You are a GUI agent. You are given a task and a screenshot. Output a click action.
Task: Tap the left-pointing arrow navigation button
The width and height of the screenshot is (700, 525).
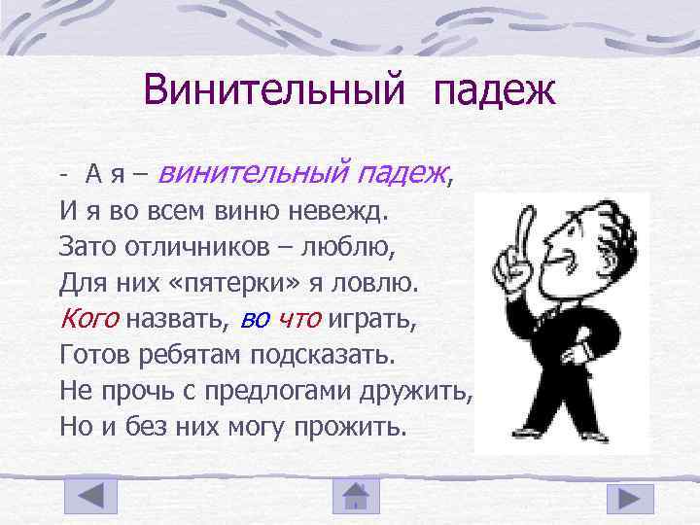click(x=90, y=498)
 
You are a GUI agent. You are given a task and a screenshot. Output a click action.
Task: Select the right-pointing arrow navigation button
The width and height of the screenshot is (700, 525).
click(x=630, y=498)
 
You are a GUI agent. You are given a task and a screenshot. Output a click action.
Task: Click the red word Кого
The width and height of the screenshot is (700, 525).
click(x=89, y=317)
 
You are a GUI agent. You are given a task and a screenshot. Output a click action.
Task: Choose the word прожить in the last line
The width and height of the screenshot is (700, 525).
click(x=354, y=426)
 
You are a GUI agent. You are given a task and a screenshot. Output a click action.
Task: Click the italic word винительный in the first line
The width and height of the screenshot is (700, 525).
click(x=251, y=173)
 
